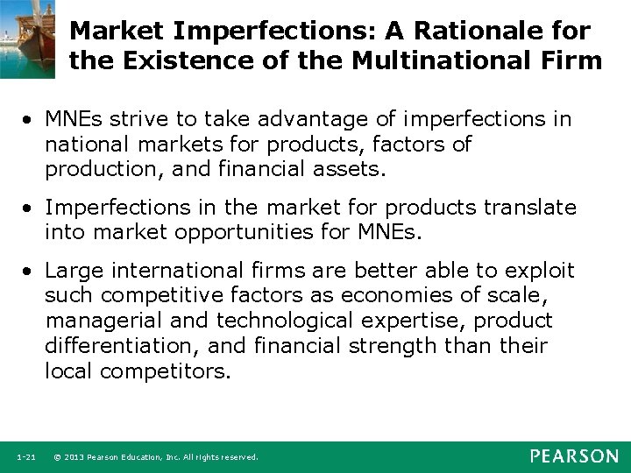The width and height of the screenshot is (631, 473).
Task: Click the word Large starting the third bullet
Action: coord(73,270)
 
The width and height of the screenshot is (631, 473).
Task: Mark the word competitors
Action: coord(166,371)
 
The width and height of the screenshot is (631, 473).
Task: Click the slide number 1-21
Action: coord(26,457)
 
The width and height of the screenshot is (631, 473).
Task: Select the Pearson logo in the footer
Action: coord(574,456)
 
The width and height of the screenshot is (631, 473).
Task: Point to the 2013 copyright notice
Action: coord(156,457)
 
